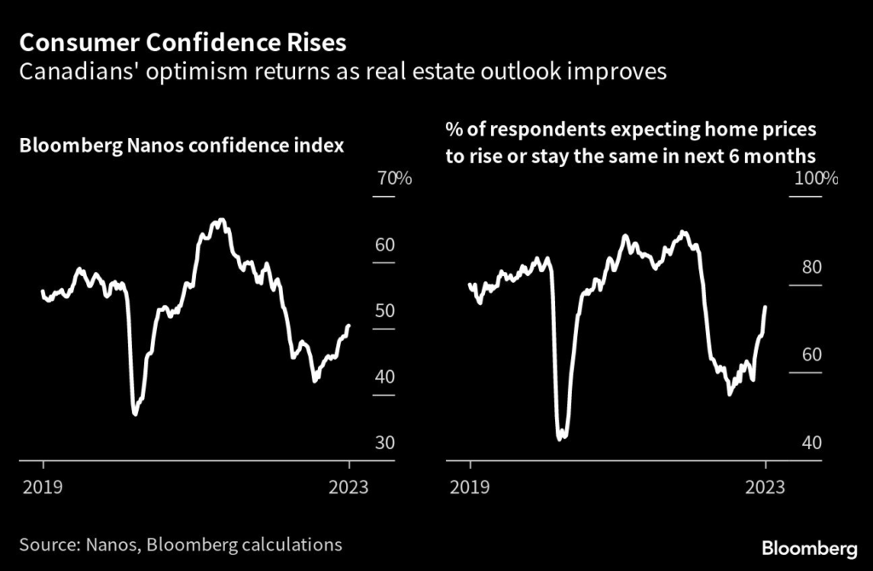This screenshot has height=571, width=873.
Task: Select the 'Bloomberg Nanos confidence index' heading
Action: click(182, 146)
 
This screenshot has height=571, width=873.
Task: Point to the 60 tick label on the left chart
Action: click(384, 245)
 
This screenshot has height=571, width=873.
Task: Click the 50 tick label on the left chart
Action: click(384, 310)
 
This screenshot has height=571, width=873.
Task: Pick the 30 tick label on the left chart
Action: click(384, 443)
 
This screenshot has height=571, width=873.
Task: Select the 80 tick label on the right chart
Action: click(811, 267)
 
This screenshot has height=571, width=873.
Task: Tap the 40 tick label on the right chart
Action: click(811, 443)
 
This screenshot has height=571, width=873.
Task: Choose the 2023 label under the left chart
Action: click(350, 487)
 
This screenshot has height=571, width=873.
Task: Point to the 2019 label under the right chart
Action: click(470, 487)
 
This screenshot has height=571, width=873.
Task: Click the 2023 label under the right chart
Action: click(766, 487)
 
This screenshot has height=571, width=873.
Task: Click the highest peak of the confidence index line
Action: click(222, 220)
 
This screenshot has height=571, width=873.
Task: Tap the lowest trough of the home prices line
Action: click(559, 440)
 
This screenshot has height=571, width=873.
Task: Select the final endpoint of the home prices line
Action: click(765, 307)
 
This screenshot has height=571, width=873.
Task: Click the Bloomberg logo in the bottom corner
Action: click(809, 545)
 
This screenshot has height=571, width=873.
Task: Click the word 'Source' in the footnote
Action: click(46, 545)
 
